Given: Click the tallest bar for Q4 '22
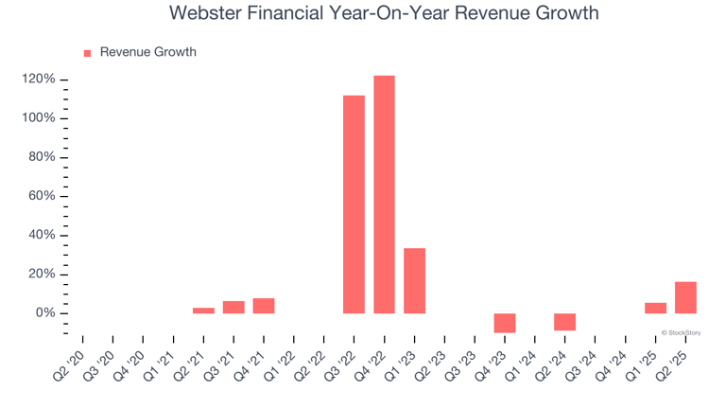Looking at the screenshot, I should coord(384,194).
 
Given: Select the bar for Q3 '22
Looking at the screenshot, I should coord(354,204).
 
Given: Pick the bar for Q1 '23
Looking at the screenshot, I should coord(414,280).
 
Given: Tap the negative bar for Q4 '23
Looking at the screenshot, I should coord(505,323).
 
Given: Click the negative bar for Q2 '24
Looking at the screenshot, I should coord(564,322).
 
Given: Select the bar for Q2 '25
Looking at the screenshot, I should coord(685,297).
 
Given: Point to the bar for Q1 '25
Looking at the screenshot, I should coord(655,308).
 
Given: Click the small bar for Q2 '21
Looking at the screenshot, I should coord(203,311).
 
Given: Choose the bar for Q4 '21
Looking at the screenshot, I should coord(264,306).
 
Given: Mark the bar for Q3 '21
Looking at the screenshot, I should coord(233,307).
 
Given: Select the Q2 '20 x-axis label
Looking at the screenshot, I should coord(68,358).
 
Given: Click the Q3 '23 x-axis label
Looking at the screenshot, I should coord(460,358).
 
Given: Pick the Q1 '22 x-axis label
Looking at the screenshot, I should coord(280,358).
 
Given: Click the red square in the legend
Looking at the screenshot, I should coord(88,53).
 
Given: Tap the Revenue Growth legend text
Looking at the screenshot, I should coord(147,52).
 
